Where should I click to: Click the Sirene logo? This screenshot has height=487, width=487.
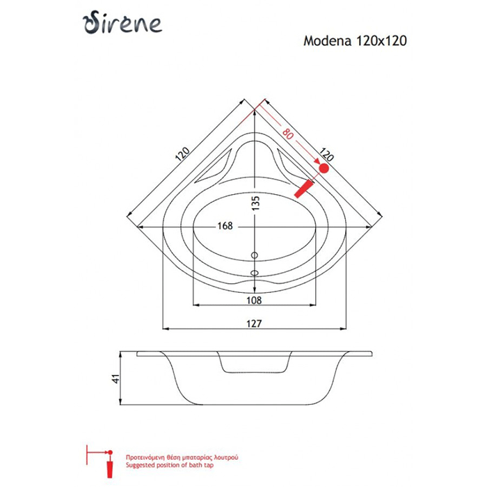point(122,22)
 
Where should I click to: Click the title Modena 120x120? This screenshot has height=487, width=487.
point(355,40)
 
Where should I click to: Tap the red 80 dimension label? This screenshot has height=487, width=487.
point(287,134)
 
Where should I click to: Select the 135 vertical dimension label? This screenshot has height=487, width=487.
point(255,203)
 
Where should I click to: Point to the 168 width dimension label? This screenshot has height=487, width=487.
point(225,226)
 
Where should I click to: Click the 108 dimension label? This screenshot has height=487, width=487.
point(254,301)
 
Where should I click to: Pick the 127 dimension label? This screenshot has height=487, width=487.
point(254,324)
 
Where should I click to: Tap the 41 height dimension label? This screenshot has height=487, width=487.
point(115,379)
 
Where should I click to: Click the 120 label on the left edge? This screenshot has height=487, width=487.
point(182,154)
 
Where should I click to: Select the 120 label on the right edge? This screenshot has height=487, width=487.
point(326,154)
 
